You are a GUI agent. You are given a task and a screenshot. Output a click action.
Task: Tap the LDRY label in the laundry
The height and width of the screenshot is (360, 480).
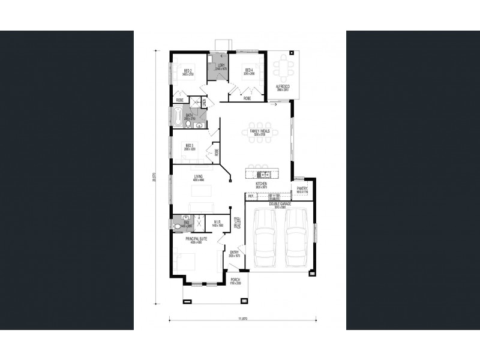[221, 67]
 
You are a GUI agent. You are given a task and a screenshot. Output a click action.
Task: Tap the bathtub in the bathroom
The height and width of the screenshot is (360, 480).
[178, 118]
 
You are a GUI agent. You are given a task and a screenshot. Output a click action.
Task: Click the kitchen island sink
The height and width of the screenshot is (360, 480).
[262, 175]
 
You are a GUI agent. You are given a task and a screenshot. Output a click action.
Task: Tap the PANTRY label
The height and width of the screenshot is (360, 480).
[302, 190]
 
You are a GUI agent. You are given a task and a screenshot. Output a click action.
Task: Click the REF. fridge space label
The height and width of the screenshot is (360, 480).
[251, 196]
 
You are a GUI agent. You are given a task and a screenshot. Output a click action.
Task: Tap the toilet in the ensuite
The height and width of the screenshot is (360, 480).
[178, 226]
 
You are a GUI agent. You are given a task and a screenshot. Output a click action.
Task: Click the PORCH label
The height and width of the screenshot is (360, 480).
[235, 280]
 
